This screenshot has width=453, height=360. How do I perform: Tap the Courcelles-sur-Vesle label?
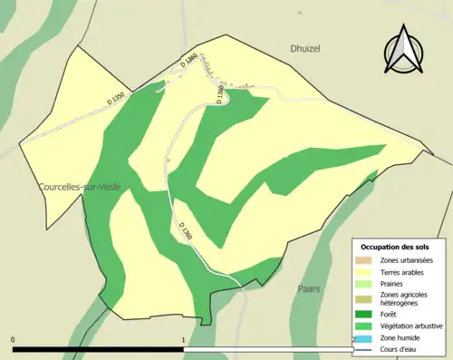click(x=80, y=187)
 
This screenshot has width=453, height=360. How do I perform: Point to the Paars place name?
click(x=309, y=288)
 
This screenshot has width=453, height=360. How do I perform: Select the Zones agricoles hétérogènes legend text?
click(x=404, y=298)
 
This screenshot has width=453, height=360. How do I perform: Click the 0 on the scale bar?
click(x=13, y=340)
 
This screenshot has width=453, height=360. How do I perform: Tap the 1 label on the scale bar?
click(x=184, y=340)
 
